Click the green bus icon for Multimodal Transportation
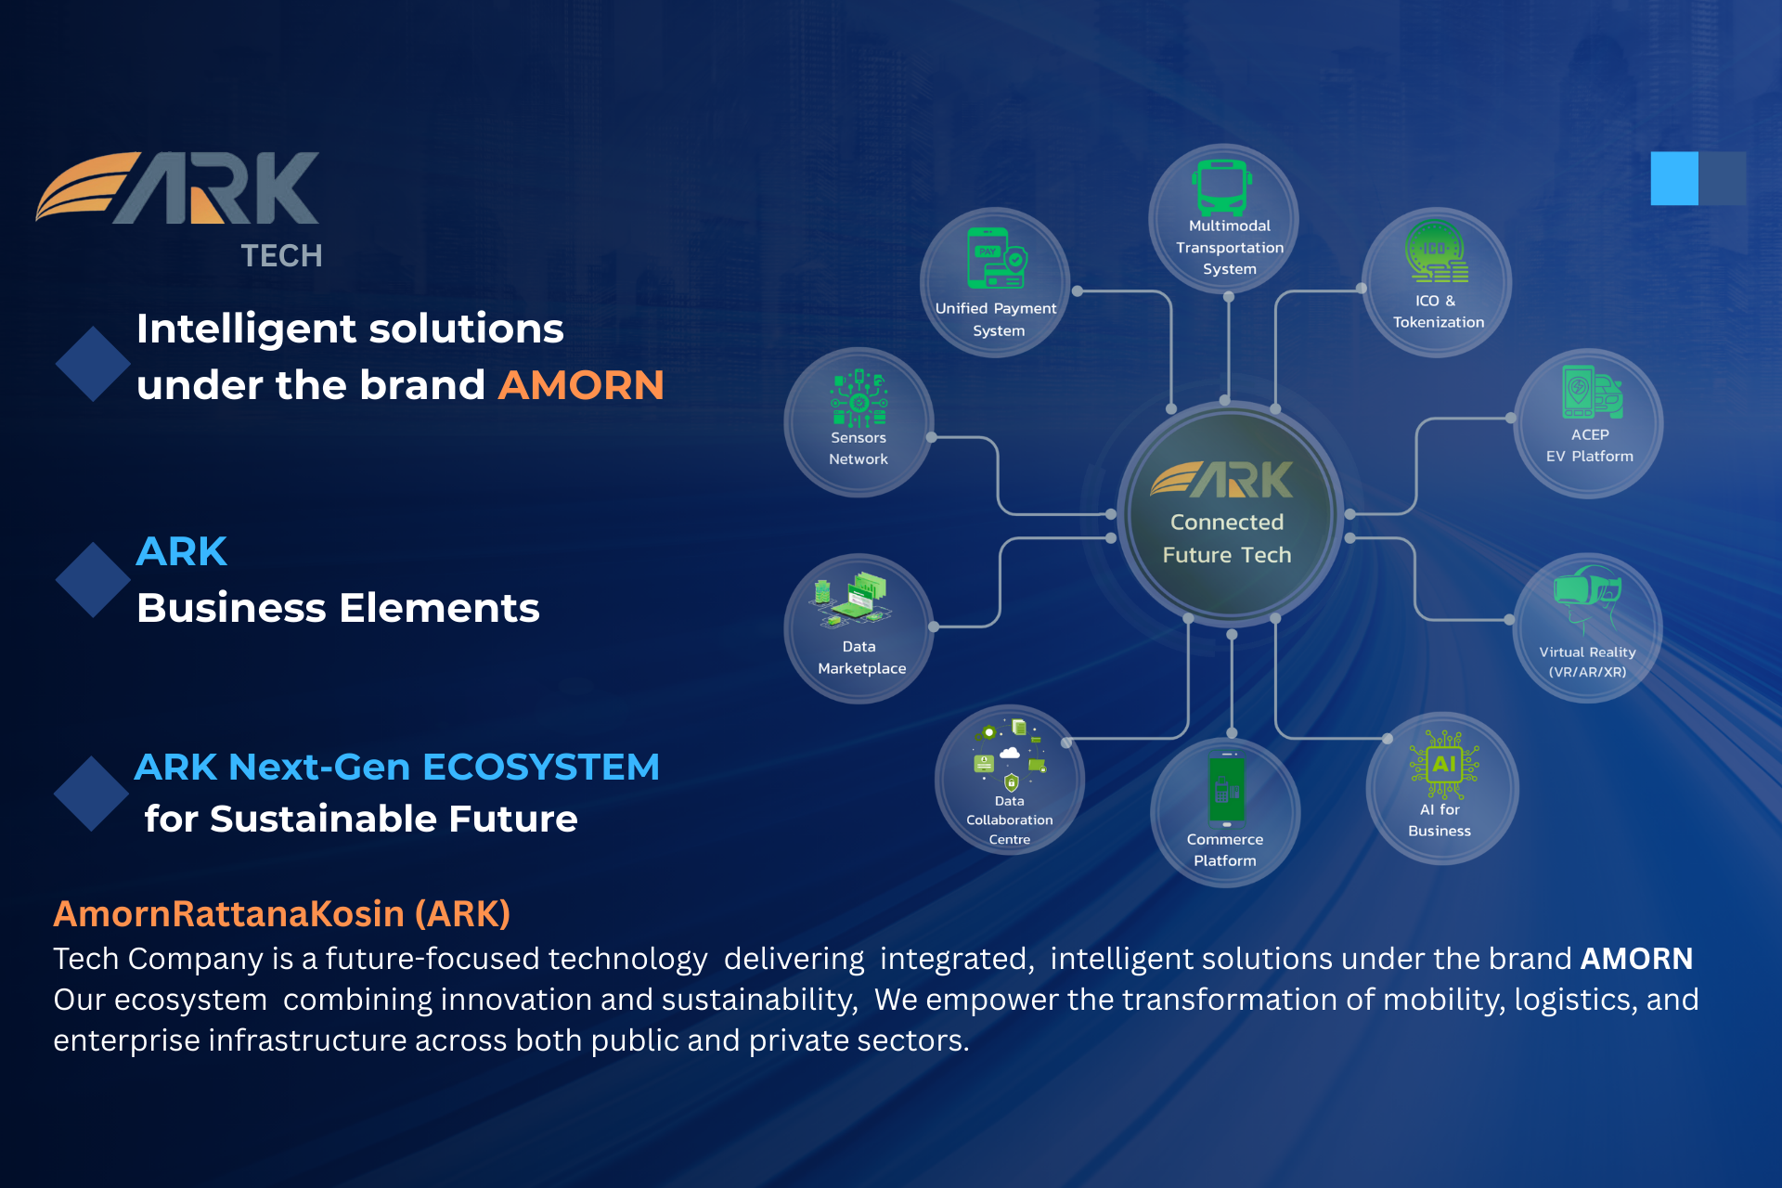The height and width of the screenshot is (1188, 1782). click(1222, 187)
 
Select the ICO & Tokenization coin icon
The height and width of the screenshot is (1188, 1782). click(1436, 252)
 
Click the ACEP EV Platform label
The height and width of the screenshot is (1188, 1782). click(1590, 445)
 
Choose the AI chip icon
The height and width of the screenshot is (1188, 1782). click(1444, 765)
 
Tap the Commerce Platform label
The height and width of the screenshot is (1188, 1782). click(1225, 850)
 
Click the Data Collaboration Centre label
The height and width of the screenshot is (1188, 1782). click(1010, 820)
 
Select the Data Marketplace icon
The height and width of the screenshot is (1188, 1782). click(851, 601)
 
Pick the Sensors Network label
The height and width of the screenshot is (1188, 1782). click(859, 448)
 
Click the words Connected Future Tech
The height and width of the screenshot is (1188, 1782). click(1227, 538)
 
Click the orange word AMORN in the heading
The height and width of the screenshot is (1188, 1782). click(581, 384)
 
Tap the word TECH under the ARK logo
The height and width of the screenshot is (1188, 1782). click(281, 255)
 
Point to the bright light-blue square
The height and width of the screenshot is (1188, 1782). click(1674, 178)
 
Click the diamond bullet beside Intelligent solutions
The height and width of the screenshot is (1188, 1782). click(93, 364)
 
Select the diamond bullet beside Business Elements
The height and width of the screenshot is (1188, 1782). click(93, 580)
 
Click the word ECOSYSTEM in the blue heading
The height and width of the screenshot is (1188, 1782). click(541, 768)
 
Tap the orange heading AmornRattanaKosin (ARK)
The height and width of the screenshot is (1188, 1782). click(282, 914)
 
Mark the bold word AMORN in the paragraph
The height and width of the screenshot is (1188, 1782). click(1637, 958)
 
